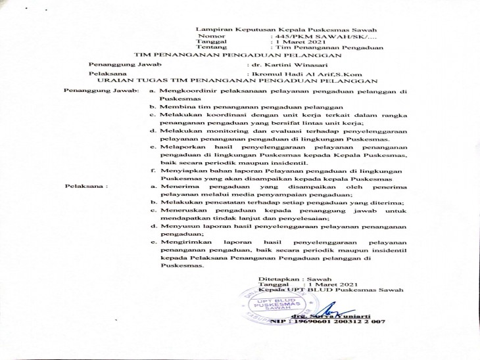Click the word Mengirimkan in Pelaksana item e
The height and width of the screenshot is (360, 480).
tap(185, 243)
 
